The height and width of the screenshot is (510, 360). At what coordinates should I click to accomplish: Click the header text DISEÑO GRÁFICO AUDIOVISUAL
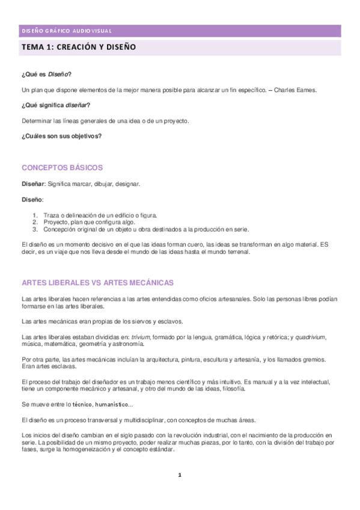pyautogui.click(x=66, y=31)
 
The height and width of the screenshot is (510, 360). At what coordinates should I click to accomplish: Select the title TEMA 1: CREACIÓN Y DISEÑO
pyautogui.click(x=79, y=46)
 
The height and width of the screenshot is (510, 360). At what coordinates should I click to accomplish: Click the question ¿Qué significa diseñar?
pyautogui.click(x=56, y=105)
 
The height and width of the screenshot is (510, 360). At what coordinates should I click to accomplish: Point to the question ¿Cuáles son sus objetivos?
pyautogui.click(x=61, y=137)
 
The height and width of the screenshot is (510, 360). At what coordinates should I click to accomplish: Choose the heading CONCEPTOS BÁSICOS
pyautogui.click(x=62, y=168)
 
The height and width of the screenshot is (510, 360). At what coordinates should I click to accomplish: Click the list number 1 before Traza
pyautogui.click(x=35, y=215)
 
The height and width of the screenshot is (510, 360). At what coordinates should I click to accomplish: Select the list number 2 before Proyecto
pyautogui.click(x=35, y=222)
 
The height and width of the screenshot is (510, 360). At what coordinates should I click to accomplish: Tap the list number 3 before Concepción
pyautogui.click(x=35, y=229)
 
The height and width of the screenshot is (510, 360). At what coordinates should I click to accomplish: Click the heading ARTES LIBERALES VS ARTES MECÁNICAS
pyautogui.click(x=97, y=283)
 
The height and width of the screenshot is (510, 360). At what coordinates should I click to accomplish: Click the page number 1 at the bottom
pyautogui.click(x=180, y=475)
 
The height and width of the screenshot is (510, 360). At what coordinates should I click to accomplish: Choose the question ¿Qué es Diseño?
pyautogui.click(x=46, y=74)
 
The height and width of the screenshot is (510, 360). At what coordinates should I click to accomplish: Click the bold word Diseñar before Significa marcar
pyautogui.click(x=33, y=183)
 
